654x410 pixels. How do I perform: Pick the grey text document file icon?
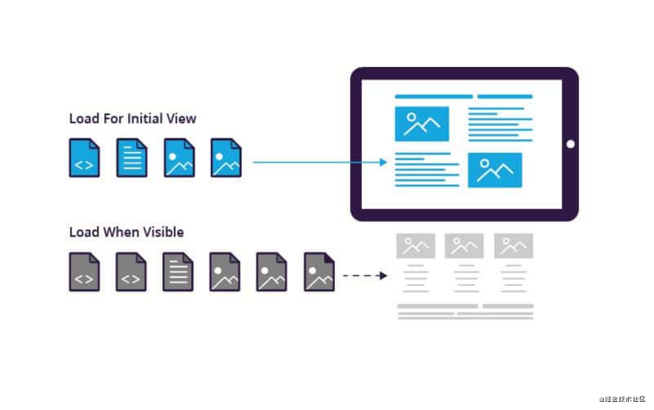(x=178, y=272)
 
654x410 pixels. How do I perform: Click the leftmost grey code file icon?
(x=84, y=272)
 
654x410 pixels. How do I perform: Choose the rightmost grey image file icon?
(x=319, y=272)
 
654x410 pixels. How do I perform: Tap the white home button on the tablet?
(x=570, y=145)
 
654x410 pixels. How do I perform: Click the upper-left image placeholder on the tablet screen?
(x=422, y=124)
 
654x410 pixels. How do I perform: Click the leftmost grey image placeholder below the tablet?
(x=415, y=246)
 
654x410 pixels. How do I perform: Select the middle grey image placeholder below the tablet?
(x=464, y=246)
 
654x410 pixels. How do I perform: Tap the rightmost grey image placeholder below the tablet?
(x=513, y=246)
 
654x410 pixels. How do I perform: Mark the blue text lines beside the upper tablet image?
(x=495, y=124)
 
